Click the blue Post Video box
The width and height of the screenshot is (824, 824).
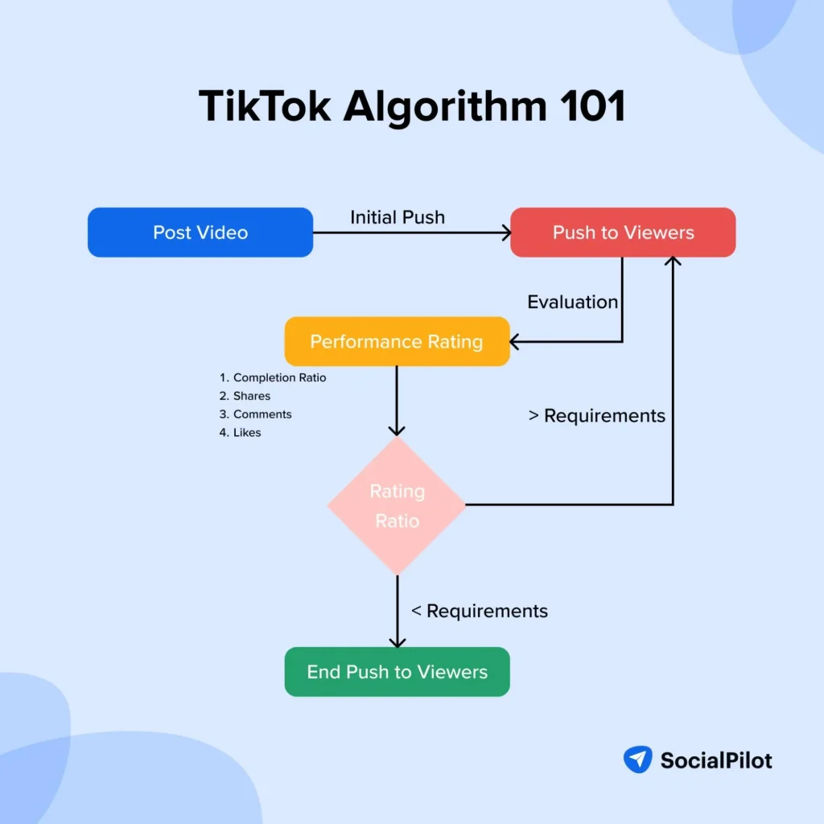coord(200,233)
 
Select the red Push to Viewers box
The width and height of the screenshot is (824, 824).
coord(623,233)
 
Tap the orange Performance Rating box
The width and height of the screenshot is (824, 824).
coord(397,341)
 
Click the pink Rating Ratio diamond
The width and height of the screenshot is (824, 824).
coord(397,505)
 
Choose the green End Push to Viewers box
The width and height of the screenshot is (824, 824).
coord(397,672)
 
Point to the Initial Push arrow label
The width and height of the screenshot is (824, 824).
coord(398,217)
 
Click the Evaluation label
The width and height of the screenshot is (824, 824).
coord(573,302)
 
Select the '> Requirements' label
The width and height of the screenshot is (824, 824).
coord(597,415)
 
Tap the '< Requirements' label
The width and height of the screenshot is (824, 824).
coord(480,611)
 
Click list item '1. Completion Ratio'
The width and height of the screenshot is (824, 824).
coord(273,377)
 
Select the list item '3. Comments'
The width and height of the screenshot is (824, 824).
coord(255,414)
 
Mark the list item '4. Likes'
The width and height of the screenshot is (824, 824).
coord(240,433)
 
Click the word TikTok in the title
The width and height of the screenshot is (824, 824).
coord(263,105)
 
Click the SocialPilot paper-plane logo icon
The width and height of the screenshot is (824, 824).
coord(637,759)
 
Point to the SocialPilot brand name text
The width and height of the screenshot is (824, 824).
coord(716,760)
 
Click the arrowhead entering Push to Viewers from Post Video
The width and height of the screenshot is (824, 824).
coord(506,233)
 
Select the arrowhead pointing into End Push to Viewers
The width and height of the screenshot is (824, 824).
coord(397,642)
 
